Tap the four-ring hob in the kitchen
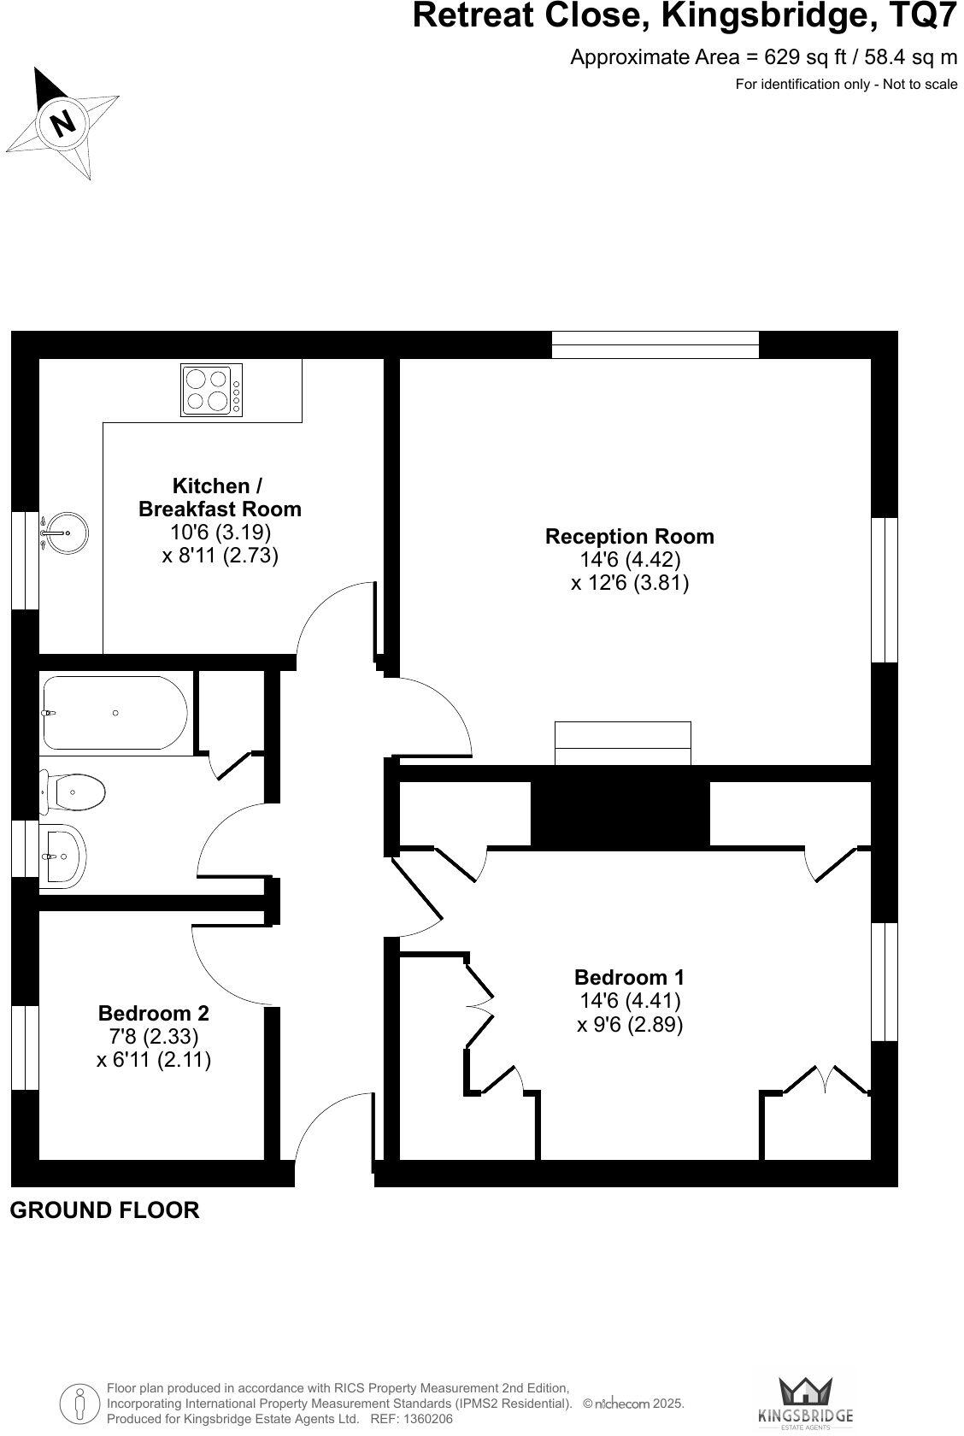[x=211, y=390]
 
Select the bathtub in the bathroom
[x=114, y=713]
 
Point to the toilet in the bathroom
[x=74, y=792]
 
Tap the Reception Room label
[x=629, y=537]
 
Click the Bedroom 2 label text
[x=154, y=1014]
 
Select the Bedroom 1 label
[x=629, y=977]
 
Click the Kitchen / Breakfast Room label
[x=219, y=497]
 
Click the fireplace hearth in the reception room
[x=622, y=744]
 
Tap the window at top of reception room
[x=655, y=344]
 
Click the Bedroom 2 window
[x=26, y=1047]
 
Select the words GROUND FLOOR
[x=104, y=1210]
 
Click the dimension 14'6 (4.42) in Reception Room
[x=629, y=560]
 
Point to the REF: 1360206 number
[x=411, y=1419]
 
